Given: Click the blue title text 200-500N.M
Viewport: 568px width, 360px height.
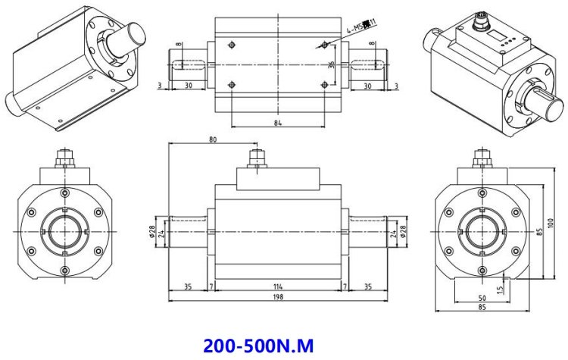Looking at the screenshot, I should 257,346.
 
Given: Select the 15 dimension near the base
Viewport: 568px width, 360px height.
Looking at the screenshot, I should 500,289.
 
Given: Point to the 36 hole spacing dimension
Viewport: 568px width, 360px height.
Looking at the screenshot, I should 330,64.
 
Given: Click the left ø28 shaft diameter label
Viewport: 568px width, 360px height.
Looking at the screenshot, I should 152,232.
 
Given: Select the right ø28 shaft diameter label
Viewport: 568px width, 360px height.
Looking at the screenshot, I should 402,232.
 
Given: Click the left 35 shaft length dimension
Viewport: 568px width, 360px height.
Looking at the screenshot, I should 187,287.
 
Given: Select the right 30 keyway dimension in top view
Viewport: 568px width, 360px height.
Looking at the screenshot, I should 367,86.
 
